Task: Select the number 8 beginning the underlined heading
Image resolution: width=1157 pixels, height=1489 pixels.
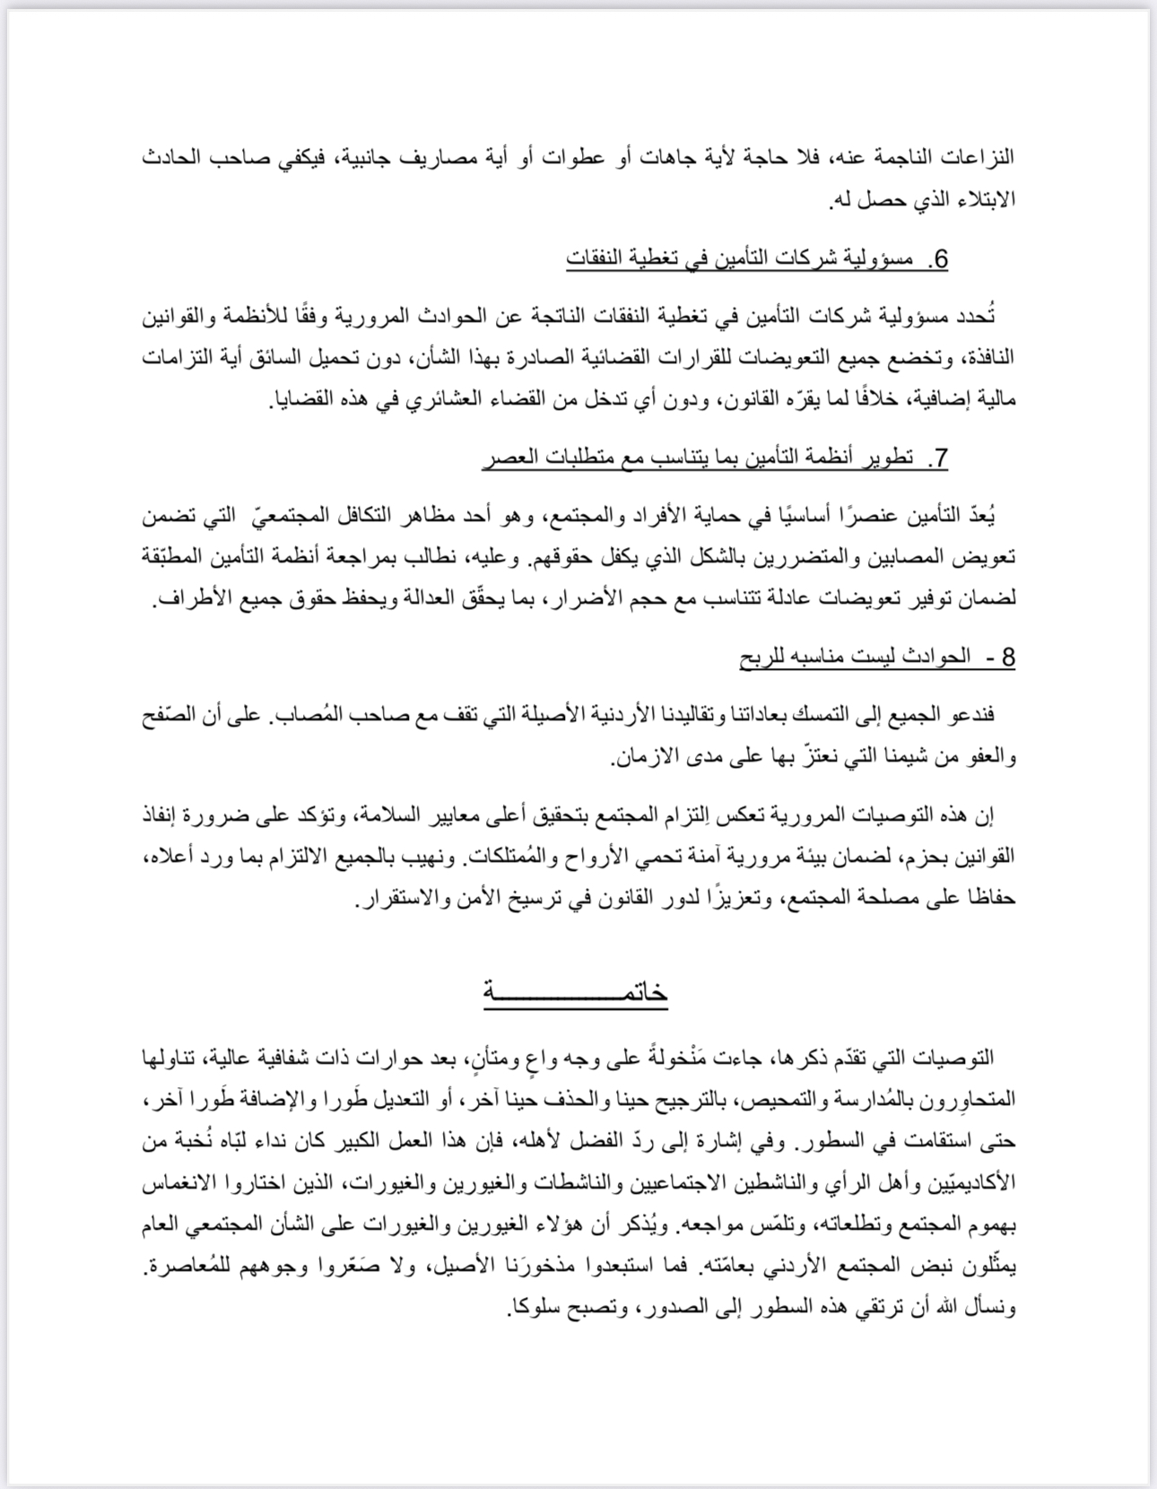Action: click(1006, 657)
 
